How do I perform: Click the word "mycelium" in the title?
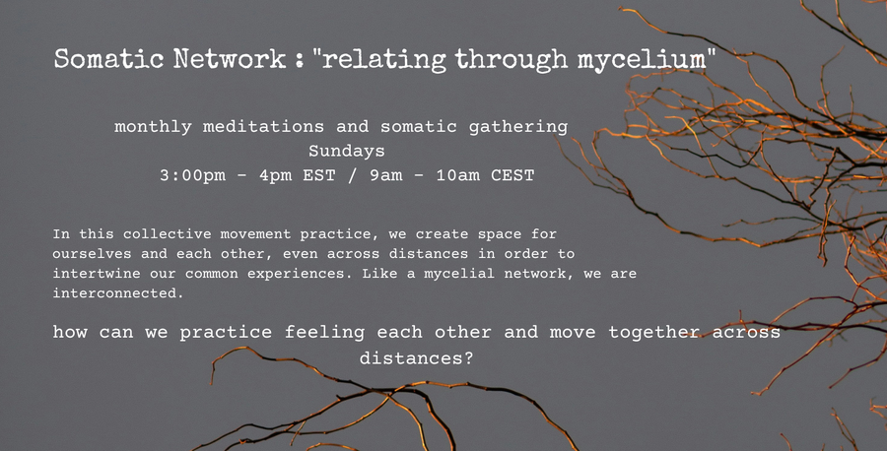point(642,59)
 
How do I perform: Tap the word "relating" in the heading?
point(383,59)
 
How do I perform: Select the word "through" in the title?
point(512,59)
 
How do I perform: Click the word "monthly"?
point(153,127)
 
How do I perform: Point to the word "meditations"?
point(263,126)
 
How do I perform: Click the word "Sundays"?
point(346,151)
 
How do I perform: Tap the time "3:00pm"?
point(192,175)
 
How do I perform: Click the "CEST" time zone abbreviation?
point(512,175)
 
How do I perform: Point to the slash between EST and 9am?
point(353,175)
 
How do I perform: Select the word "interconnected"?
point(118,293)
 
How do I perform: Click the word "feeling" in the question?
point(324,332)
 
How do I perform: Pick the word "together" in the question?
point(654,332)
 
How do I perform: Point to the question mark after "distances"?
point(468,357)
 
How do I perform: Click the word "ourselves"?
point(92,254)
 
